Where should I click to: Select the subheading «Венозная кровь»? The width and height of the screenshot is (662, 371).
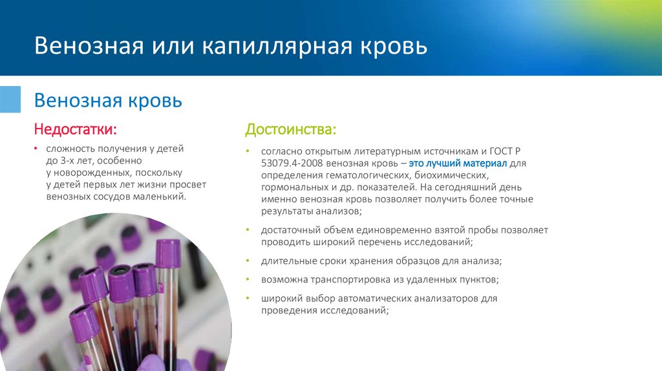coord(108,101)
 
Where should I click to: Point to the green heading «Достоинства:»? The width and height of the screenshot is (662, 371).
coord(290,130)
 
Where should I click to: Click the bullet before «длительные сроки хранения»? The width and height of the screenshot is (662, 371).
coord(249,261)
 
